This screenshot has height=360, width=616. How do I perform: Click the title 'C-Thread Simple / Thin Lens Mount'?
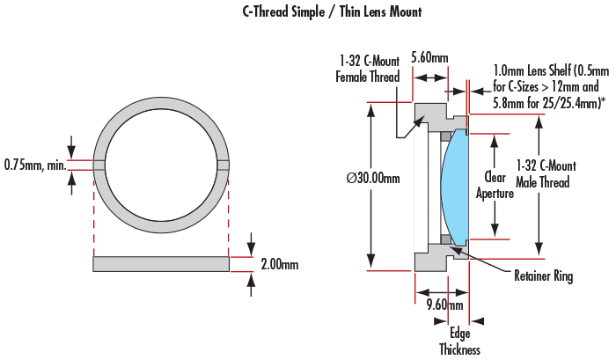click(332, 12)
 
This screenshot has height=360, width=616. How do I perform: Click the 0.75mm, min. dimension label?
click(33, 164)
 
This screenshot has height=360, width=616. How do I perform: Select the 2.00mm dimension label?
click(279, 264)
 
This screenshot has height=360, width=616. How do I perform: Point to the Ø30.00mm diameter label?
click(372, 179)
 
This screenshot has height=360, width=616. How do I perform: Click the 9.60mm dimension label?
click(444, 305)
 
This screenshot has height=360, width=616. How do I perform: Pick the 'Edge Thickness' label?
click(460, 342)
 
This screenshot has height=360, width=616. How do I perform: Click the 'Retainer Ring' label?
click(543, 277)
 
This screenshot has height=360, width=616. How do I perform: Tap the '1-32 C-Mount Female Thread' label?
click(368, 69)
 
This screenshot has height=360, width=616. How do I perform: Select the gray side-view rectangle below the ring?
click(160, 263)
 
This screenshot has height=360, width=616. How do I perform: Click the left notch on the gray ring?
click(99, 164)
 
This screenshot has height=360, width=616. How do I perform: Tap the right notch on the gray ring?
click(224, 164)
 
